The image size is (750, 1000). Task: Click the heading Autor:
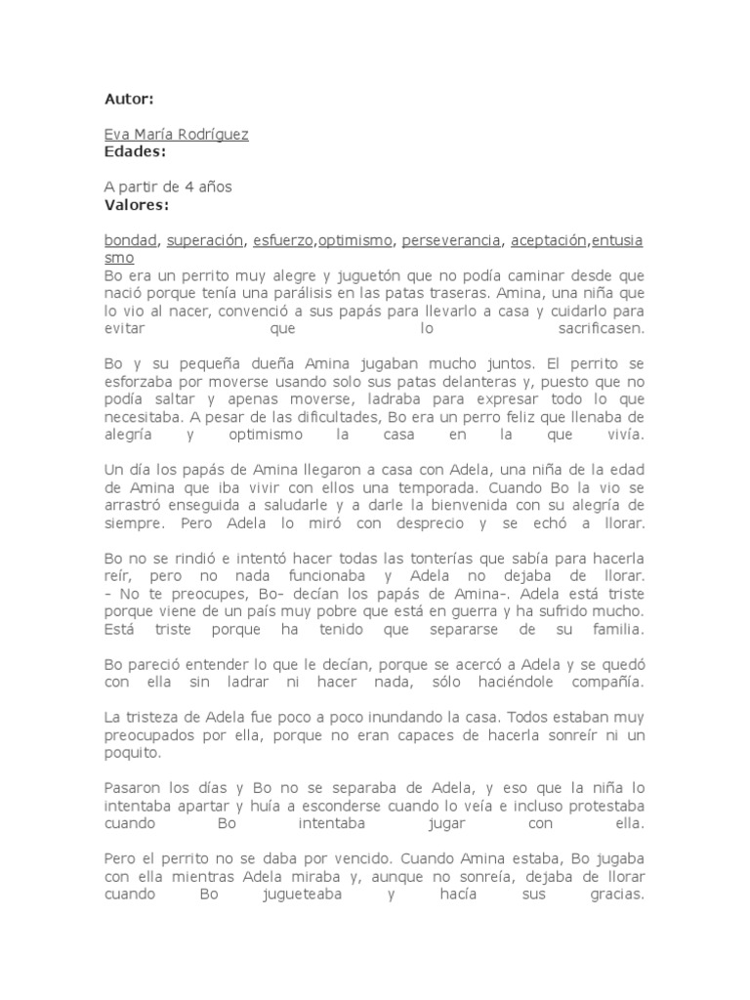(129, 99)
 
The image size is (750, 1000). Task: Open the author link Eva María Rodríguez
(176, 135)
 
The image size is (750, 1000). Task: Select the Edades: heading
(135, 151)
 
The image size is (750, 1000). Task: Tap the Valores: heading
(136, 204)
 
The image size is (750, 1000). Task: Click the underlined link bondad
(131, 240)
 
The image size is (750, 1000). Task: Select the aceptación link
(549, 240)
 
